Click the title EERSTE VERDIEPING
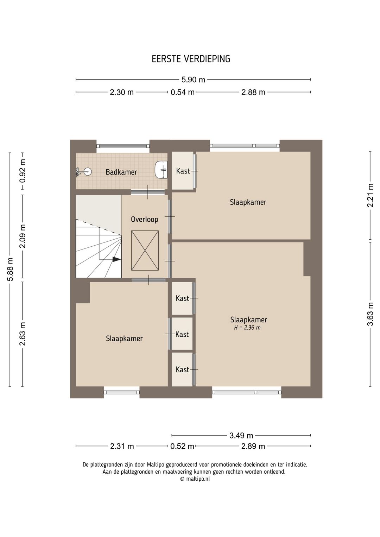(x=191, y=59)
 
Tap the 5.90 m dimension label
(x=193, y=80)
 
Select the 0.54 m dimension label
(x=183, y=92)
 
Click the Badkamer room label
(x=121, y=172)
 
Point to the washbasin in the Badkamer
(x=161, y=170)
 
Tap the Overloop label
(x=144, y=219)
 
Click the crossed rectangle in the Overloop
(x=145, y=250)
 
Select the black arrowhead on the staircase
(x=116, y=259)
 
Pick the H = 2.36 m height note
(x=247, y=328)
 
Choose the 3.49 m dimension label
(x=241, y=435)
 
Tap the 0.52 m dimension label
(x=182, y=446)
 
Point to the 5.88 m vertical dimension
(x=10, y=270)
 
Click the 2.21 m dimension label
(x=370, y=195)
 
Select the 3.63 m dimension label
(x=370, y=314)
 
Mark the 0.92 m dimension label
(x=23, y=171)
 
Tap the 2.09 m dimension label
(x=23, y=236)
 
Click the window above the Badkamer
(x=123, y=146)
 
